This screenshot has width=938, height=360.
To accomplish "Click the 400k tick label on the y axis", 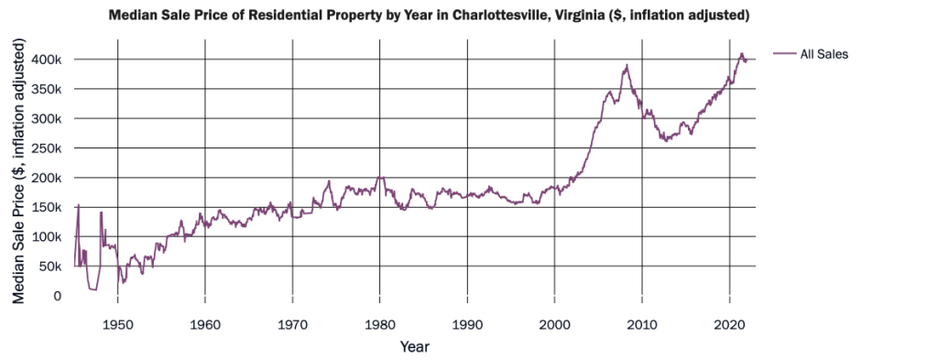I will (47, 60).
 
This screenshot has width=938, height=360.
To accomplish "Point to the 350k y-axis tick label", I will (47, 89).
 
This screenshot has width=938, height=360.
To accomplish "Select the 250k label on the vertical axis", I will (47, 148).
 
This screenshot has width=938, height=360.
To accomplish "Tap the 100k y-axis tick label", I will (47, 237).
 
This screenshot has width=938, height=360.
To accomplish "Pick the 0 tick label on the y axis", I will (59, 296).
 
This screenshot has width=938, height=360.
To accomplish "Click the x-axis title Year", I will (414, 347).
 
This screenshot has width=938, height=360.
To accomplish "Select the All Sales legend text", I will (824, 55).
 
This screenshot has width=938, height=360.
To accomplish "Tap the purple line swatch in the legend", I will (784, 55).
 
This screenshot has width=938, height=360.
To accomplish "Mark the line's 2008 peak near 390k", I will (627, 66).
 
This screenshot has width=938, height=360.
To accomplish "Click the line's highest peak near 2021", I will (742, 54).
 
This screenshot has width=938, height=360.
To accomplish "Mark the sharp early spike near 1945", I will (79, 205).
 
